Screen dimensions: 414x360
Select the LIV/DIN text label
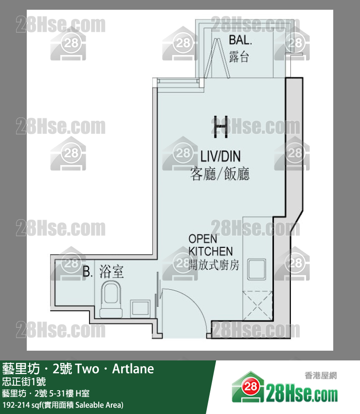pos(220,156)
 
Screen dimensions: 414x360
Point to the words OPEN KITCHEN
pos(210,245)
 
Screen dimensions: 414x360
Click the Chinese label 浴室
pos(111,272)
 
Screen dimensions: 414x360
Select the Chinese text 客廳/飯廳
pos(220,174)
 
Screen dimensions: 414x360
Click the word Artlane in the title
pos(133,369)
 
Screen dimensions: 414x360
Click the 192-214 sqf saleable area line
pos(63,405)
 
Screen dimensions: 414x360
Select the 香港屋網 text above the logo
pos(321,375)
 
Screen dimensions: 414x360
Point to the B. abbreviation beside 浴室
pos(88,272)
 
